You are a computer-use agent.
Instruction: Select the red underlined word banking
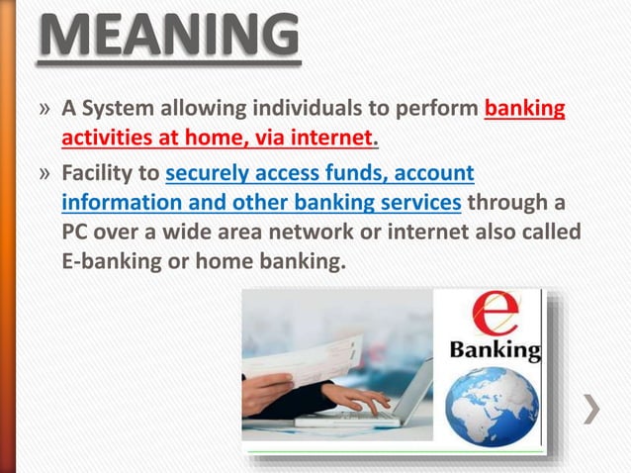click(x=525, y=108)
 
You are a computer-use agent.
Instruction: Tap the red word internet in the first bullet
click(x=337, y=135)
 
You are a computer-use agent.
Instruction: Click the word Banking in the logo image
click(x=495, y=349)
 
